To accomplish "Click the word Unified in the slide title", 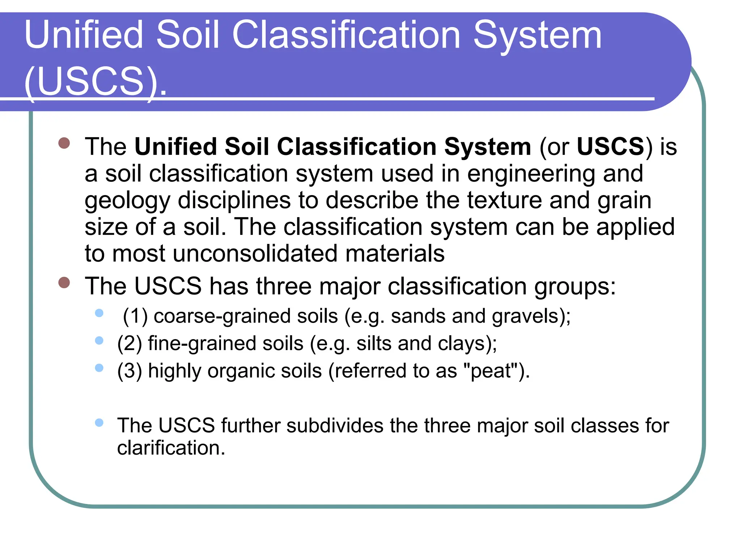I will [84, 35].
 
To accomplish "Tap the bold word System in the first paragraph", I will [487, 147].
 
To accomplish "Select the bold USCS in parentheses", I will [610, 147].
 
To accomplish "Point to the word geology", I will [127, 201].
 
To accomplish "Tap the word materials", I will [395, 253].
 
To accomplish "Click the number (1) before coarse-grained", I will [135, 316].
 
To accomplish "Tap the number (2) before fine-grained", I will [130, 344].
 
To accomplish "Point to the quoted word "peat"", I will [490, 371].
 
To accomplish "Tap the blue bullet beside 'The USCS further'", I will [99, 422].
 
